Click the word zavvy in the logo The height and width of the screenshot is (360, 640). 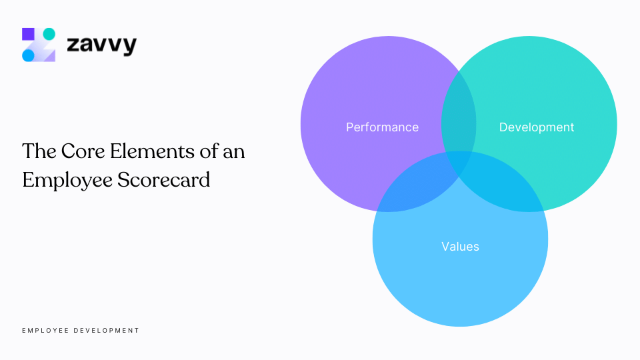point(101,45)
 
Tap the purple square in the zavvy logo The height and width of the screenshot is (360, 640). point(28,34)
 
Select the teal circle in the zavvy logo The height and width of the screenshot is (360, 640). point(49,34)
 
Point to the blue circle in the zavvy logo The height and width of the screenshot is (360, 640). point(28,55)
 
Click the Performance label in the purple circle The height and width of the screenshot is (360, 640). point(382,127)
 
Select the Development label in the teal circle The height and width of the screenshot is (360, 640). point(536,127)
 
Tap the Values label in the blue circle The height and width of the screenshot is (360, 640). point(460,247)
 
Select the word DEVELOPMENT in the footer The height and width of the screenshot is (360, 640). point(107,331)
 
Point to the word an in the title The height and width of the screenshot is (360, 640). point(234,152)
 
